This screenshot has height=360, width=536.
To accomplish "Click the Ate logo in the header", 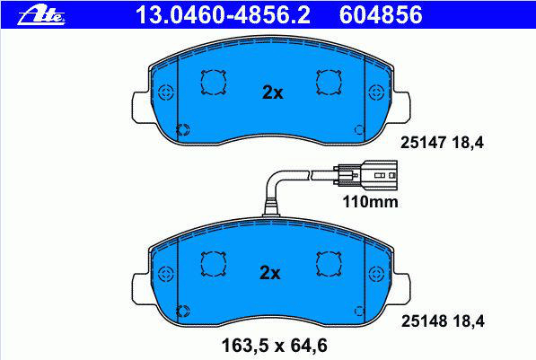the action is pyautogui.click(x=41, y=14).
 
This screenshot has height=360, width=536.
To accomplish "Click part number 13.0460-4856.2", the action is pyautogui.click(x=223, y=15).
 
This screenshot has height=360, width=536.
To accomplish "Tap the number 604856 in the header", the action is pyautogui.click(x=381, y=15).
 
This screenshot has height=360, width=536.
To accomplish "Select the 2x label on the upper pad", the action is pyautogui.click(x=272, y=92).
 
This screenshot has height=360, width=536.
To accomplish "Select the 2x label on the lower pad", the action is pyautogui.click(x=269, y=273).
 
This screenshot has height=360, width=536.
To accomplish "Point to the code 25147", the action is pyautogui.click(x=424, y=143).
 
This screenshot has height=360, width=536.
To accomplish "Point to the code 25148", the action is pyautogui.click(x=424, y=321).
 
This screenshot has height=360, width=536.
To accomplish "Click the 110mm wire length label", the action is pyautogui.click(x=370, y=202).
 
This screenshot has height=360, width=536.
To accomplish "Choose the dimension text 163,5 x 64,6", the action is pyautogui.click(x=275, y=346).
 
